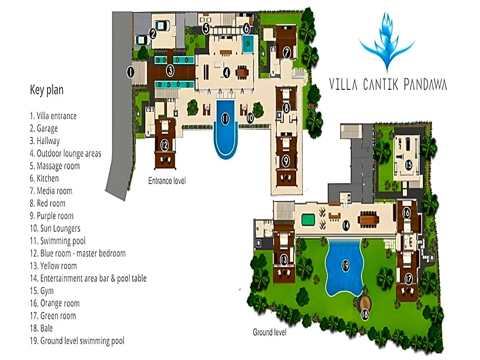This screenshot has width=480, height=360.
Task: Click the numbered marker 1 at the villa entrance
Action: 130,72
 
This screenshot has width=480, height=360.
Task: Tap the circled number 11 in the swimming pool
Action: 225,119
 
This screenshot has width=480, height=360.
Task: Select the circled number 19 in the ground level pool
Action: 346,266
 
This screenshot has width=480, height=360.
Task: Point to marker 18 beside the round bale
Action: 365,315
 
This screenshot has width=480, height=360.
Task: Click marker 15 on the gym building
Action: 409,165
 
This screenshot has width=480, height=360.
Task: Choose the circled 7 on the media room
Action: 286,53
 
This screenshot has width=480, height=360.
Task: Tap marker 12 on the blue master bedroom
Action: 165,145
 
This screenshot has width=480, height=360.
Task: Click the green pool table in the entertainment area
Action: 308,220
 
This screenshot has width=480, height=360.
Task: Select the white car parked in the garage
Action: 162,26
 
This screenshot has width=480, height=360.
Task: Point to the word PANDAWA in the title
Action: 425,84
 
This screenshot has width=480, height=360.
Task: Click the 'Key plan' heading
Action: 46,90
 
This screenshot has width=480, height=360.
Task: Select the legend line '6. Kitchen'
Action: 44,179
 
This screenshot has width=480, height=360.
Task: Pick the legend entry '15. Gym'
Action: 42,291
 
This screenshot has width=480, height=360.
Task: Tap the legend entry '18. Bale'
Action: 41,328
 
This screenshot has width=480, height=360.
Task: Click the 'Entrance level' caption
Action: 167,181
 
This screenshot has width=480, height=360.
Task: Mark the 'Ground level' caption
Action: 270,332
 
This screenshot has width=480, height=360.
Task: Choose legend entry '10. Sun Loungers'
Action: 55,228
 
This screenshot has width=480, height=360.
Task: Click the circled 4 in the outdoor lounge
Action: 226,73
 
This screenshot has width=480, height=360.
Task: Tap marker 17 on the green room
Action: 409,279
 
